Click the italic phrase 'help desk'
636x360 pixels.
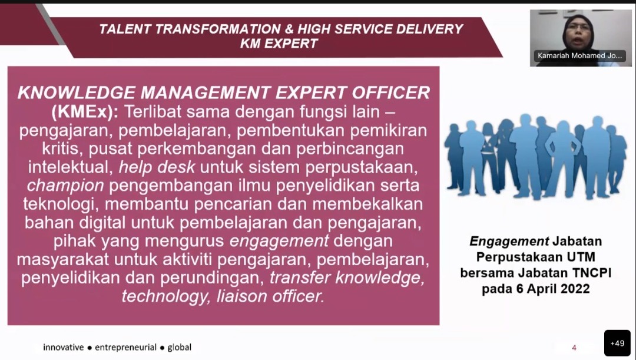click(157, 167)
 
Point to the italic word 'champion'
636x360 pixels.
click(65, 186)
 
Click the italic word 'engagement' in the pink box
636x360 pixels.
click(279, 241)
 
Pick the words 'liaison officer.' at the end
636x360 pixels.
click(270, 296)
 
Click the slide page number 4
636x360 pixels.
click(574, 348)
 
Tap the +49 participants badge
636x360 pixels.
click(617, 344)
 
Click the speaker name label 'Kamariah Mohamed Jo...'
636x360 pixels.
click(579, 55)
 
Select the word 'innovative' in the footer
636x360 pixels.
click(63, 348)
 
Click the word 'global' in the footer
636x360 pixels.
click(179, 348)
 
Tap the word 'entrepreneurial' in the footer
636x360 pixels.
click(126, 348)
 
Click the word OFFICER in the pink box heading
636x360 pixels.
click(391, 93)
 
